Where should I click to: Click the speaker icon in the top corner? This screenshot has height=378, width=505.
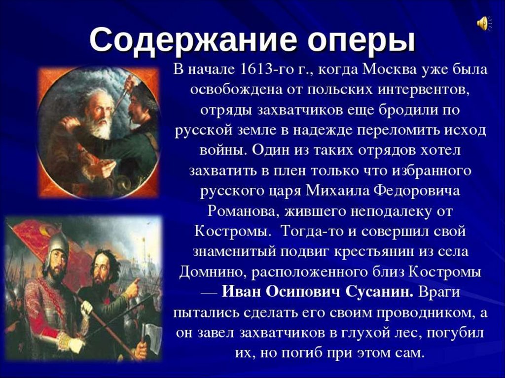484,24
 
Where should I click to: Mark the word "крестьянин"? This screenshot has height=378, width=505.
374,252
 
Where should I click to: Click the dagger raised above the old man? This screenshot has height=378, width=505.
123,92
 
